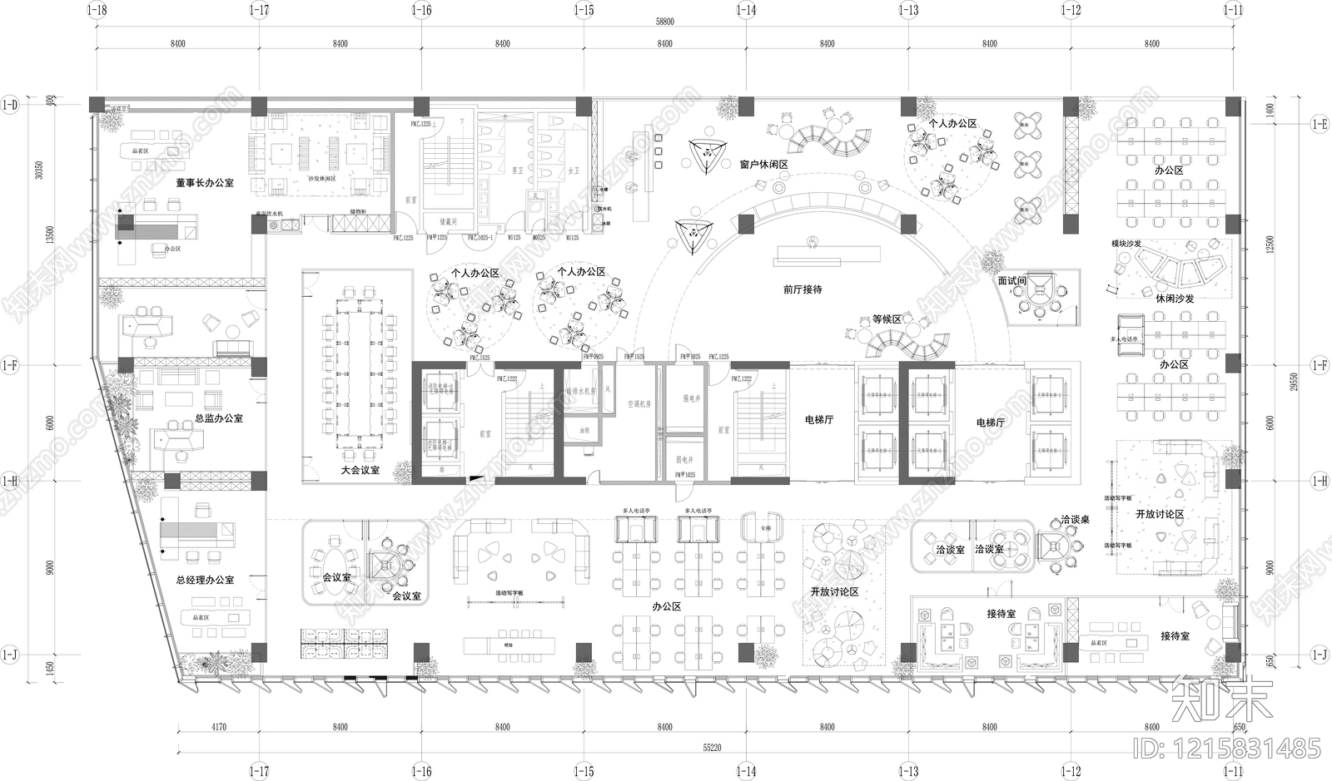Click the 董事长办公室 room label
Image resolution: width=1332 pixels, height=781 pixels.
(x=204, y=182)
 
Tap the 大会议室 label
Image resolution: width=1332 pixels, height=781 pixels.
(x=360, y=470)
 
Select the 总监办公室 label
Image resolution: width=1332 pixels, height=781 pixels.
(x=219, y=418)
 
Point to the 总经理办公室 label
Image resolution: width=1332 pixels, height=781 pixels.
(x=205, y=580)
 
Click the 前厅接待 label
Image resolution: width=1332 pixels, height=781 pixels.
(x=803, y=289)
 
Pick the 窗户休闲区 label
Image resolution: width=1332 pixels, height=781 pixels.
(x=763, y=165)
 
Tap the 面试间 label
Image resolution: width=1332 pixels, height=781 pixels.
(x=1011, y=281)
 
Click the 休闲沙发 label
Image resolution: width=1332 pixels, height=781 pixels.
(x=1175, y=298)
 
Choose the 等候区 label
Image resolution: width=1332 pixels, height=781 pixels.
(x=887, y=319)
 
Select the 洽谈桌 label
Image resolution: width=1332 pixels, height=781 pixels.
(x=1075, y=519)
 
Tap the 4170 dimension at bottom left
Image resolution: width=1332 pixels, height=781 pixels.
(x=217, y=727)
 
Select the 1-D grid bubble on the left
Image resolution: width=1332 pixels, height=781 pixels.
(x=9, y=105)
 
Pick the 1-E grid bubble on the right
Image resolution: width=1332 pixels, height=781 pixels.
(x=1320, y=125)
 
